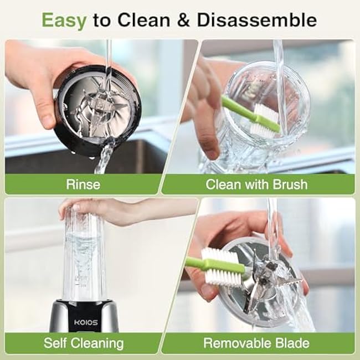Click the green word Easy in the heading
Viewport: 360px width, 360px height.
[x=64, y=21]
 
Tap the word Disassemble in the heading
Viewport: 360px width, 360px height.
[x=257, y=20]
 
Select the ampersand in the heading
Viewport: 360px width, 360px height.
[x=183, y=20]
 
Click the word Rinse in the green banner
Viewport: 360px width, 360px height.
[x=83, y=184]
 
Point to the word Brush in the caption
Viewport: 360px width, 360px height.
[x=290, y=184]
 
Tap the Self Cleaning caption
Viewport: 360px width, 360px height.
[x=84, y=343]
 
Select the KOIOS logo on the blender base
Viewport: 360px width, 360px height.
[x=86, y=322]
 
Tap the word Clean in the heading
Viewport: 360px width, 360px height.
[x=144, y=20]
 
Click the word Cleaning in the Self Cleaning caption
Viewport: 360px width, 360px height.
[x=97, y=343]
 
